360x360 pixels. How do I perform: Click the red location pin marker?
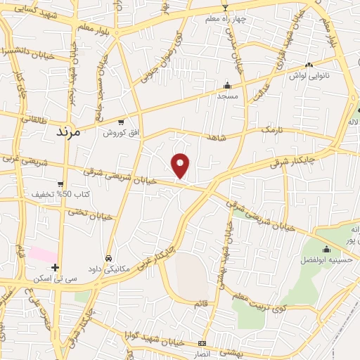[181, 165]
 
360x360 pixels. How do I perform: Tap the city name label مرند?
[68, 131]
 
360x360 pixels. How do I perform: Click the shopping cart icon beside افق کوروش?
[122, 122]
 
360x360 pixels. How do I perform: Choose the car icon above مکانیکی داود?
[108, 258]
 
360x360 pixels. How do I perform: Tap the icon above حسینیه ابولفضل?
[326, 249]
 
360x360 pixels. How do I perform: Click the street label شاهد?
[217, 137]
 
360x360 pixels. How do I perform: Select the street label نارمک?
[271, 130]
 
